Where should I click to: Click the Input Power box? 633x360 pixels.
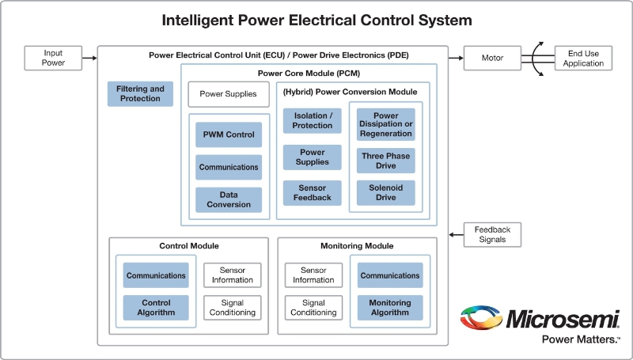[x=54, y=58]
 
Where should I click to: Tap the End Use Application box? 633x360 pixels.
[x=584, y=58]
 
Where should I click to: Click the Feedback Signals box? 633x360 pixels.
[x=493, y=234]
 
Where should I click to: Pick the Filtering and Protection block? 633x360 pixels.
[x=140, y=94]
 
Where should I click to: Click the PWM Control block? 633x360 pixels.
[x=229, y=135]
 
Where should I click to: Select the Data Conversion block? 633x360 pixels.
[x=229, y=199]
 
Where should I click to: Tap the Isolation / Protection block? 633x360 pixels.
[x=313, y=120]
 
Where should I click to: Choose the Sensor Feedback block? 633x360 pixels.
[x=313, y=193]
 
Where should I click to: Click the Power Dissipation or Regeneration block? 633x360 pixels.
[x=386, y=124]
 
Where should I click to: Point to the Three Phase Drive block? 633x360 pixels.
[x=386, y=161]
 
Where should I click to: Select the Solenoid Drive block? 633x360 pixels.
[x=386, y=193]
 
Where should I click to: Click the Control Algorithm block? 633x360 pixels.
[x=156, y=308]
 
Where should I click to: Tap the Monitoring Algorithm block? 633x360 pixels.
[x=390, y=308]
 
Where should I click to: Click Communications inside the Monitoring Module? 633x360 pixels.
[x=390, y=275]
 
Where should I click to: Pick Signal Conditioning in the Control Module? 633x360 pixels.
[x=233, y=308]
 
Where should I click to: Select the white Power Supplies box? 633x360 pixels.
[x=228, y=94]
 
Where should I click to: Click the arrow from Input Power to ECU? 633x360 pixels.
[x=90, y=58]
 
